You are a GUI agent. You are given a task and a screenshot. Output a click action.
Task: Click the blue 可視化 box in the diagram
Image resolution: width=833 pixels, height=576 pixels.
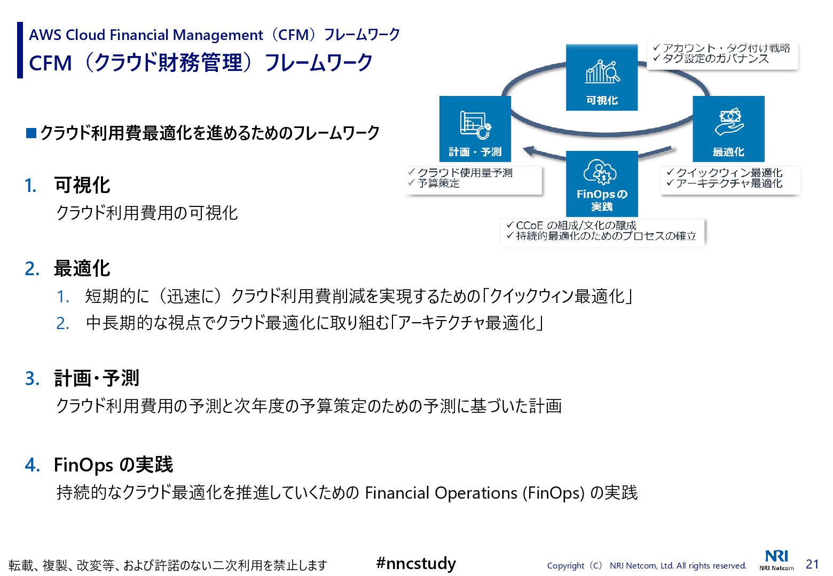pyautogui.click(x=602, y=78)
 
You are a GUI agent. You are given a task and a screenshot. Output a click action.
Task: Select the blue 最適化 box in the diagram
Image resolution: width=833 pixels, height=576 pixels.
pyautogui.click(x=728, y=129)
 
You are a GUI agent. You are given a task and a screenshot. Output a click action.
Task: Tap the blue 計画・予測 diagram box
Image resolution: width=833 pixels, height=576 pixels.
pyautogui.click(x=475, y=129)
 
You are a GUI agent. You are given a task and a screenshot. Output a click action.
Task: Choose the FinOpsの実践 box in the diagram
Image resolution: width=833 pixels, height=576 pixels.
pyautogui.click(x=602, y=183)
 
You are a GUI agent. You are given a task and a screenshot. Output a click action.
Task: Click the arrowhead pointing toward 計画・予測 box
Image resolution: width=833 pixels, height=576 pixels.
pyautogui.click(x=529, y=151)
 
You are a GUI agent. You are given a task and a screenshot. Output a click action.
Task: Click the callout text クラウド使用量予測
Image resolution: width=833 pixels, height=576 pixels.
pyautogui.click(x=465, y=173)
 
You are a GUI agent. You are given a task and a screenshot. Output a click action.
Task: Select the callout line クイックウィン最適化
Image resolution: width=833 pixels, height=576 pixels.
pyautogui.click(x=729, y=173)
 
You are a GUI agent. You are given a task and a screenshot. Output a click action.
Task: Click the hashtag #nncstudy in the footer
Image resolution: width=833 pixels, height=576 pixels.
pyautogui.click(x=416, y=563)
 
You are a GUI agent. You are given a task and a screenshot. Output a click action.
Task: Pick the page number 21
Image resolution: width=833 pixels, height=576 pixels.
pyautogui.click(x=812, y=564)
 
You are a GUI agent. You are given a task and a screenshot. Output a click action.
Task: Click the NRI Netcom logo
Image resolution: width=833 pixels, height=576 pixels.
pyautogui.click(x=776, y=560)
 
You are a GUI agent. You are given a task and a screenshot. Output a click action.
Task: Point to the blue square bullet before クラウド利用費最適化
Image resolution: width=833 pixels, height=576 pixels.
pyautogui.click(x=31, y=133)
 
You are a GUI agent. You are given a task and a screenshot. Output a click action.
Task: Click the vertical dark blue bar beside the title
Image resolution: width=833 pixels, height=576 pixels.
pyautogui.click(x=20, y=50)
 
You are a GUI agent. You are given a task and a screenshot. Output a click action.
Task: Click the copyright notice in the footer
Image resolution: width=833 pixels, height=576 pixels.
pyautogui.click(x=647, y=566)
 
